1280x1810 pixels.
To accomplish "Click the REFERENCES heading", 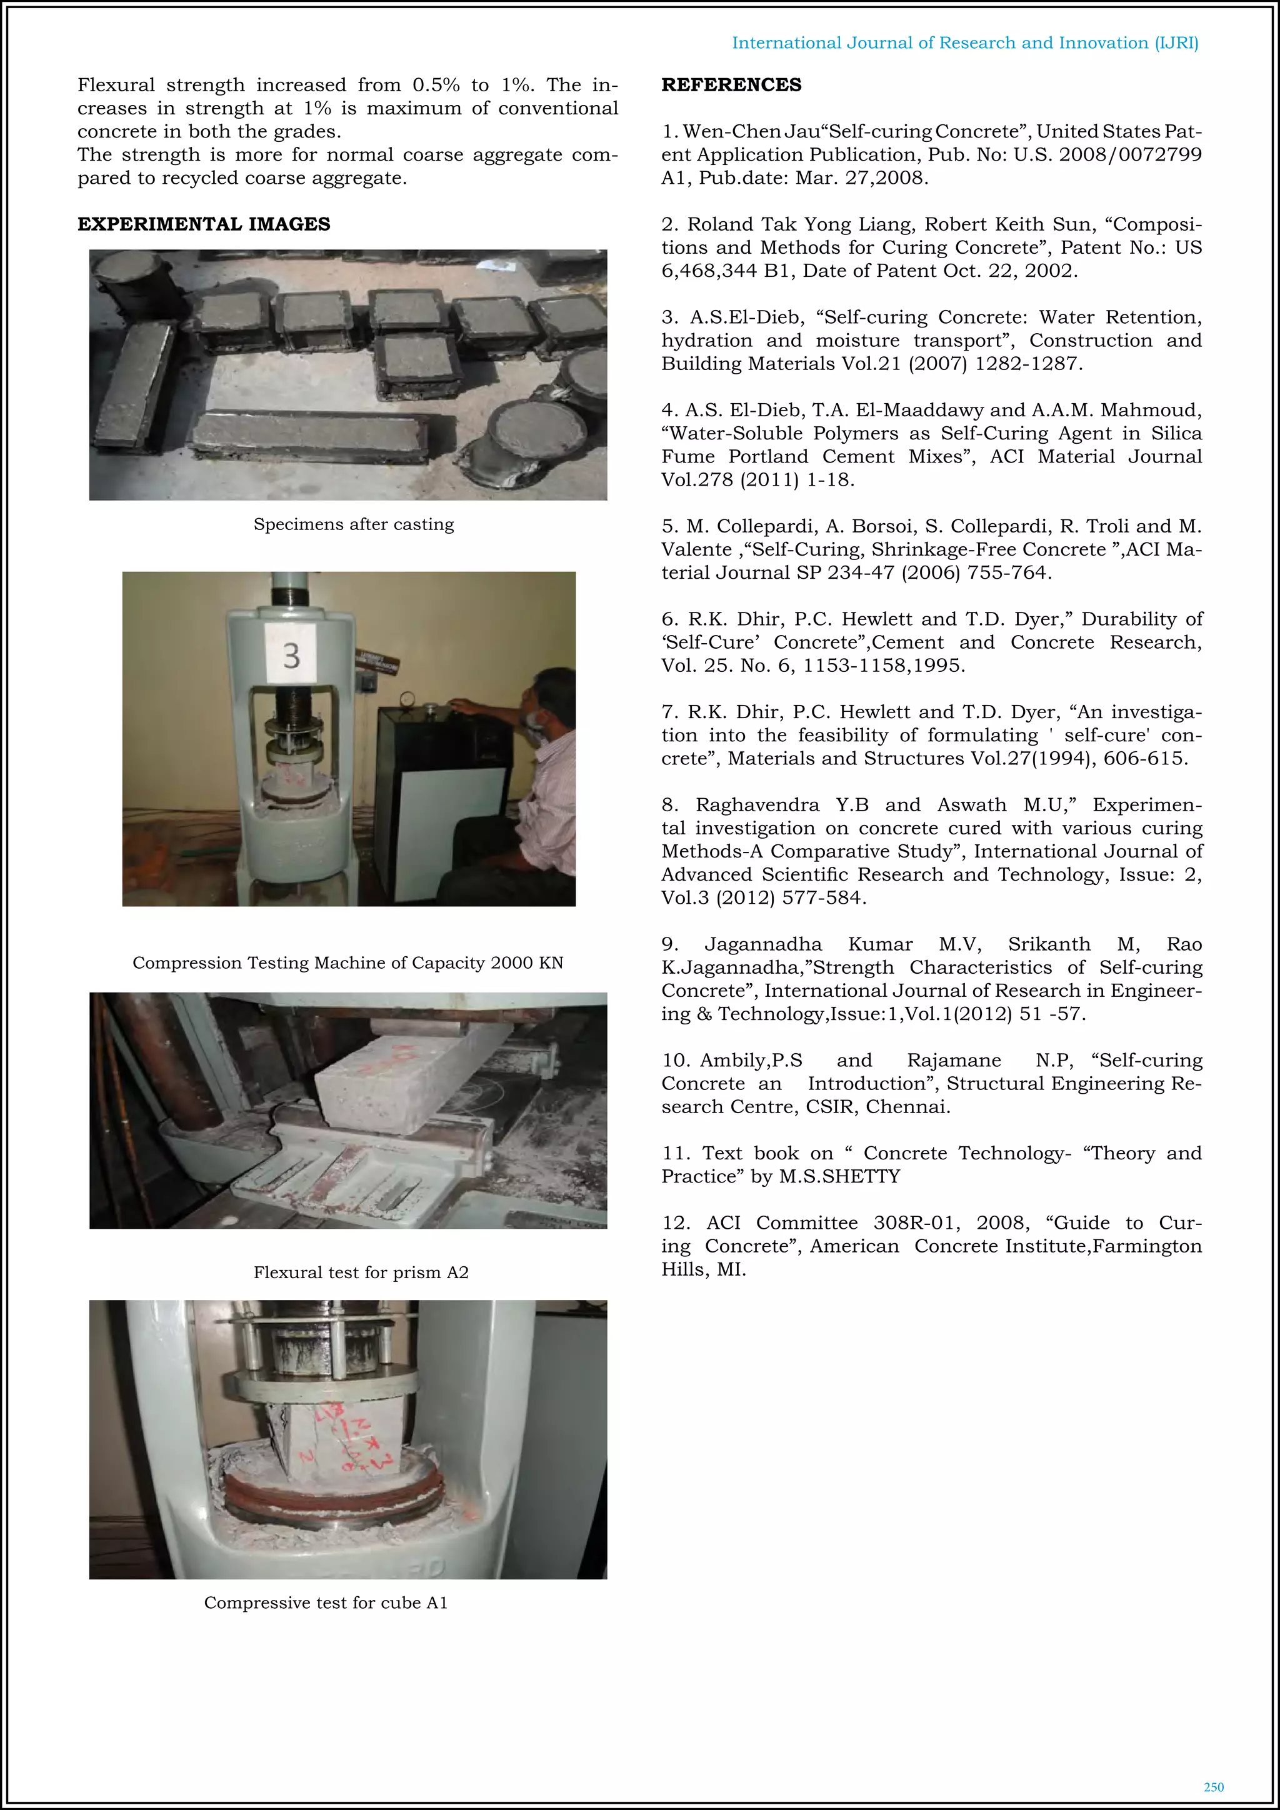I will click(731, 85).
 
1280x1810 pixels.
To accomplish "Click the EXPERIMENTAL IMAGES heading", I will click(203, 224).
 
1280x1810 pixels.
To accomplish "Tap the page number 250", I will click(1214, 1786).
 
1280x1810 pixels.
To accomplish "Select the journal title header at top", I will click(965, 43).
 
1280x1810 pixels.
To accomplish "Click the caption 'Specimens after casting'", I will click(353, 524).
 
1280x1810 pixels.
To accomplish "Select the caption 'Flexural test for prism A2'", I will click(361, 1272).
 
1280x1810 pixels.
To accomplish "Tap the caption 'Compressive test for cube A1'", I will click(326, 1602).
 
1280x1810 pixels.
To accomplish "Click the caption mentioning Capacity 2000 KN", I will click(347, 962).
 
